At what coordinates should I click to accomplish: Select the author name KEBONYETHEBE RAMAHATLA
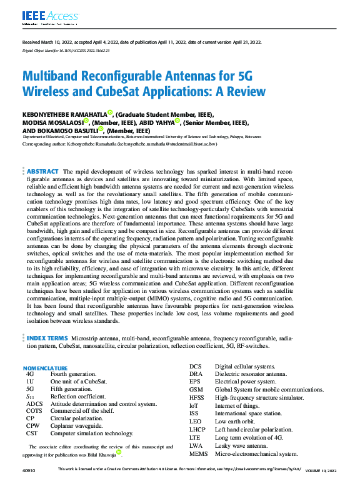pyautogui.click(x=64, y=114)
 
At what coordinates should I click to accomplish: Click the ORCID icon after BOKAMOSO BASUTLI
pyautogui.click(x=101, y=130)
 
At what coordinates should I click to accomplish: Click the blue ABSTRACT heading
pyautogui.click(x=42, y=154)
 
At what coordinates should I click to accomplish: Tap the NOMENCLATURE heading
pyautogui.click(x=45, y=368)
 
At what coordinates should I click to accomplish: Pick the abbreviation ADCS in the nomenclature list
pyautogui.click(x=34, y=403)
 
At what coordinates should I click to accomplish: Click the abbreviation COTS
pyautogui.click(x=34, y=411)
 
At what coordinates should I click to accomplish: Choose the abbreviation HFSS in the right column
pyautogui.click(x=197, y=397)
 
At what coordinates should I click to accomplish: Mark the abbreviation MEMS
pyautogui.click(x=198, y=453)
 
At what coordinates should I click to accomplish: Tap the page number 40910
pyautogui.click(x=28, y=469)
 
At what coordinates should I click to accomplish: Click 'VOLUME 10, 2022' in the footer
pyautogui.click(x=324, y=469)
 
